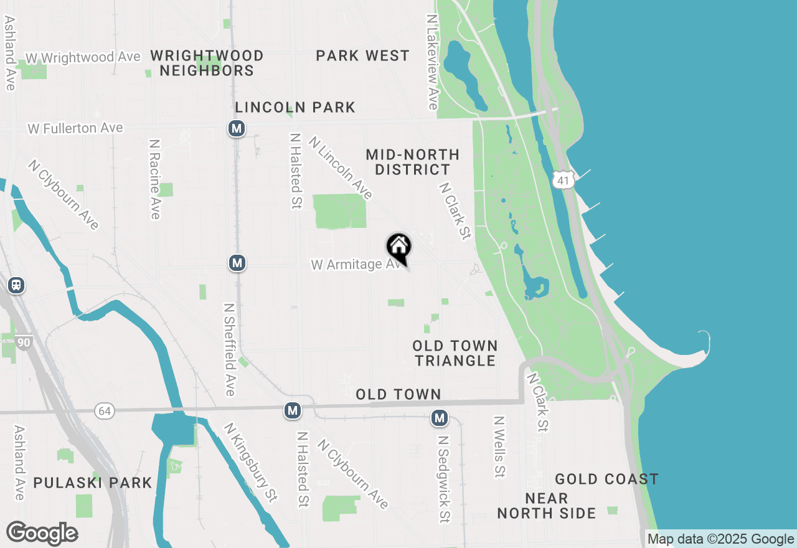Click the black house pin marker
(x=398, y=247)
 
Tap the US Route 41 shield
(x=562, y=180)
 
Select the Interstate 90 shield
(x=24, y=342)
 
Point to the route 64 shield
(x=105, y=410)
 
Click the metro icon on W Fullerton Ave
(x=236, y=128)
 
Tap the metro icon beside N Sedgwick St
(x=440, y=418)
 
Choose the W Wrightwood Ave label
(x=83, y=57)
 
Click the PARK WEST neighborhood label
(x=362, y=56)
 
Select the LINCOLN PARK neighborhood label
(x=295, y=107)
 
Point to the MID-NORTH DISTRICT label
(x=412, y=162)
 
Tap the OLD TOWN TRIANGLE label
(x=455, y=353)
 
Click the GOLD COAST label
(x=606, y=479)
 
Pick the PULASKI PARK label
(x=93, y=483)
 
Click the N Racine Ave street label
(x=154, y=179)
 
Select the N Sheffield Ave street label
(x=229, y=349)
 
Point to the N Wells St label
(x=499, y=447)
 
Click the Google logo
(x=42, y=533)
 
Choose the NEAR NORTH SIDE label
(x=547, y=506)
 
